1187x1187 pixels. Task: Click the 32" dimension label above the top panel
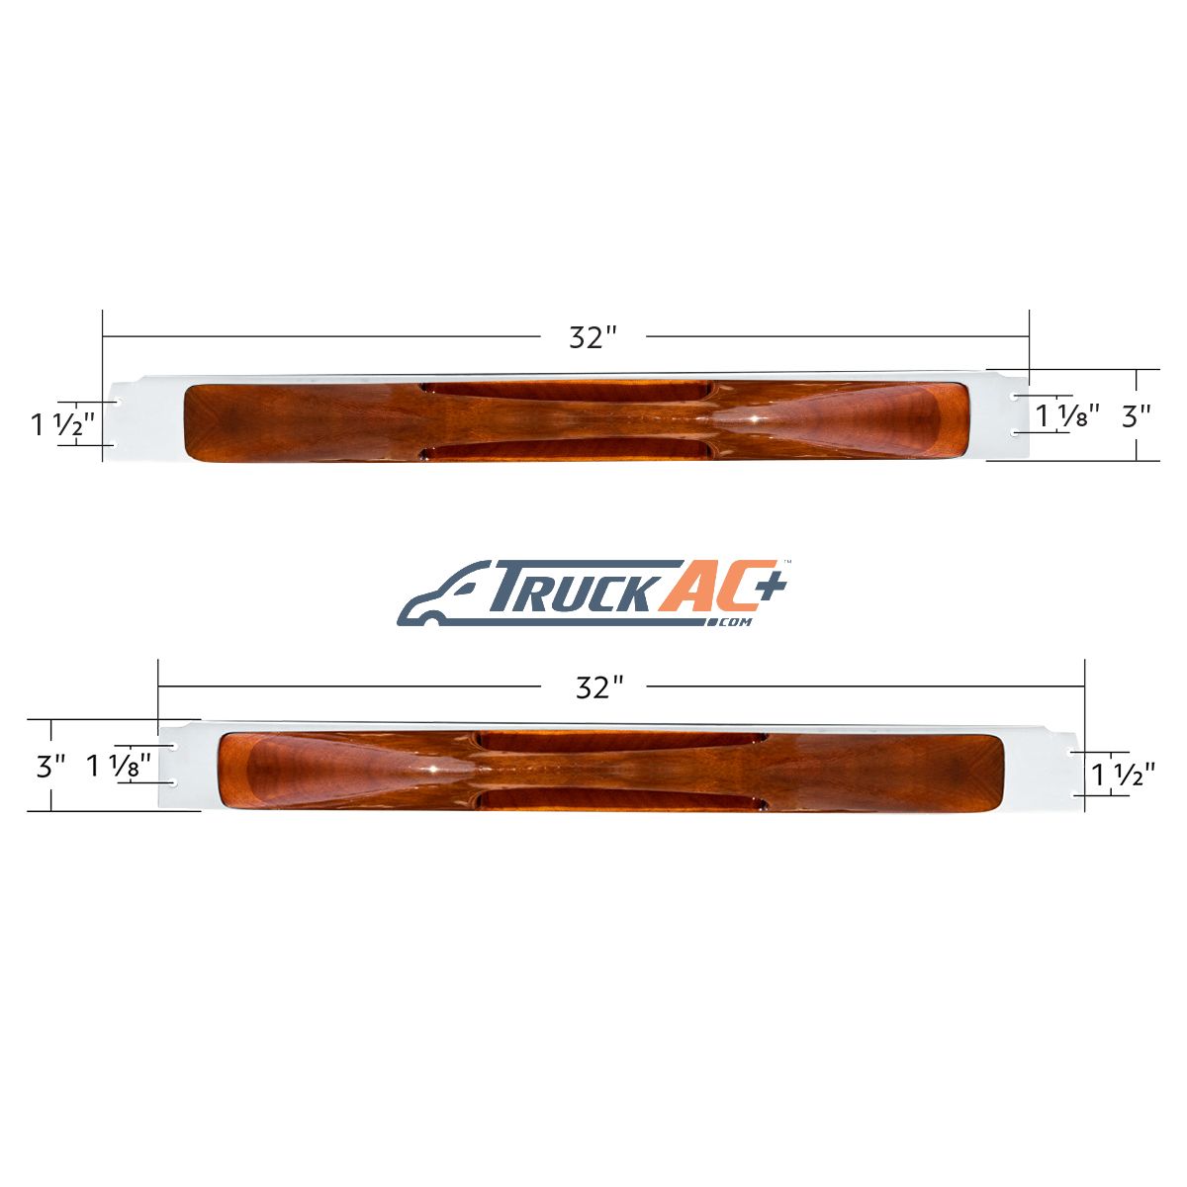pyautogui.click(x=593, y=337)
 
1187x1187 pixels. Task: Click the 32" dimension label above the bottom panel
pyautogui.click(x=599, y=687)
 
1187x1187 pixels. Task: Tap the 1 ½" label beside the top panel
pyautogui.click(x=63, y=424)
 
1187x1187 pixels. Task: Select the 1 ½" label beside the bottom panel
pyautogui.click(x=1123, y=775)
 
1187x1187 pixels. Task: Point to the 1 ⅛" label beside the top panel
pyautogui.click(x=1067, y=415)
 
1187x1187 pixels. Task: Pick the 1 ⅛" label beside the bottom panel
pyautogui.click(x=119, y=766)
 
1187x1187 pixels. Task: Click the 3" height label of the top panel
pyautogui.click(x=1137, y=417)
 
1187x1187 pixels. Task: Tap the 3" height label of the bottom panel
pyautogui.click(x=51, y=767)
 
